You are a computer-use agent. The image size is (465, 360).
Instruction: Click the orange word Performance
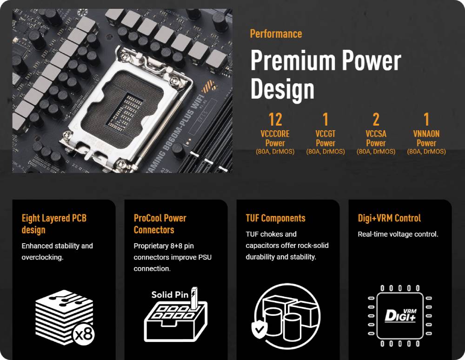pos(276,34)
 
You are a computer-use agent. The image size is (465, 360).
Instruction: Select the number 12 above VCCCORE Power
pos(275,119)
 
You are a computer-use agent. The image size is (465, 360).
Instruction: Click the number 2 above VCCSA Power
pos(376,119)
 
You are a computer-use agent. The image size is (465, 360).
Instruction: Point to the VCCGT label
pos(325,134)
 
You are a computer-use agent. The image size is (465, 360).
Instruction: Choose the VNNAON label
pos(426,134)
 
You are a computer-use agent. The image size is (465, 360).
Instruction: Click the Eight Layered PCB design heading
pos(54,224)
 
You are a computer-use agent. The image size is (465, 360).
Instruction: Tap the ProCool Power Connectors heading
pos(160,224)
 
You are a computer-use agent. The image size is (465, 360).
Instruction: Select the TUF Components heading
pos(275,218)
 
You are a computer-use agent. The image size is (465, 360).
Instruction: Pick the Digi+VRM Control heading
pos(389,218)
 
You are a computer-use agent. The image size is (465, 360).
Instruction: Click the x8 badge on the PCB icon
pos(84,334)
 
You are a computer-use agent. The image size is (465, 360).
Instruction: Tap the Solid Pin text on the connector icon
pos(170,294)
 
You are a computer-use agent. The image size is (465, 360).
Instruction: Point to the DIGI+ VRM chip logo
pos(400,315)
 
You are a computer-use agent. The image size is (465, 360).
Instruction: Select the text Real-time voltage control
pos(398,234)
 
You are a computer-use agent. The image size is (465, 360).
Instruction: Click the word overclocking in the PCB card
pos(42,257)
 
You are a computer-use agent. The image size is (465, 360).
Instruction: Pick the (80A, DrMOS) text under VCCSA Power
pos(376,152)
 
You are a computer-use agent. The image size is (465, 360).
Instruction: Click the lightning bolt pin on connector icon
pos(194,298)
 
